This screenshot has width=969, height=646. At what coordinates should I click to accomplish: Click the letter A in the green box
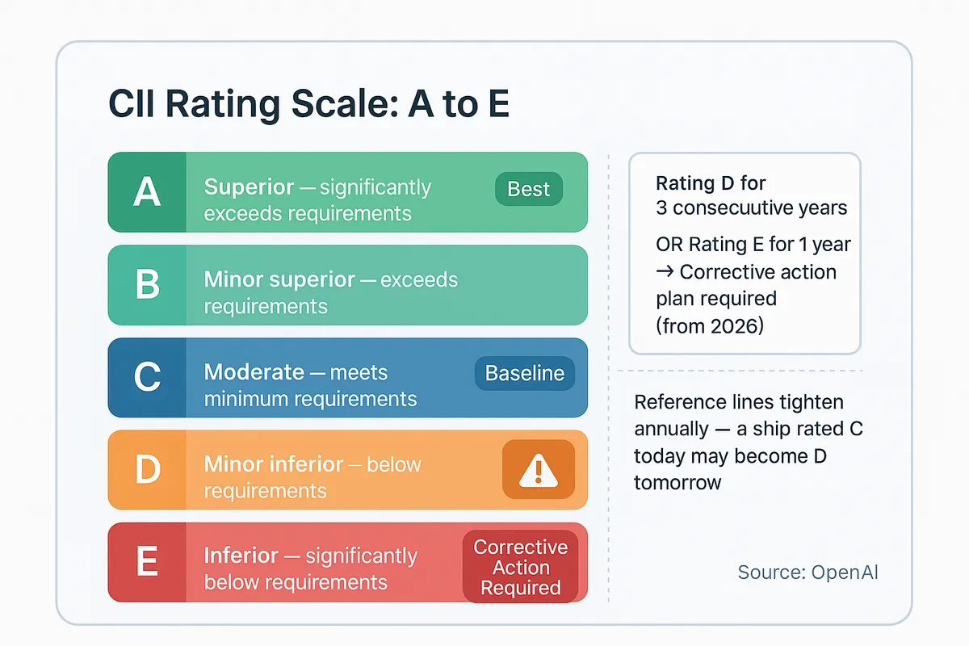tap(146, 192)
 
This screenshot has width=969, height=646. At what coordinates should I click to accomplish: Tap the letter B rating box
tap(146, 285)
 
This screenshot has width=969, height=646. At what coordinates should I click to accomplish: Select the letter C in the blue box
tap(146, 377)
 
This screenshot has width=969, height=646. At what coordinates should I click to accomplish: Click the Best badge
tap(528, 190)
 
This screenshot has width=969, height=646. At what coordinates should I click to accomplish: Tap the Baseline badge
tap(524, 374)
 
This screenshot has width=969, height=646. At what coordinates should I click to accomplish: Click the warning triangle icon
tap(538, 469)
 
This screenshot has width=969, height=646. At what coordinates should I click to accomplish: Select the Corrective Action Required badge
tap(520, 567)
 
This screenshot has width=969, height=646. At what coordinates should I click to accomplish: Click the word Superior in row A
tap(249, 187)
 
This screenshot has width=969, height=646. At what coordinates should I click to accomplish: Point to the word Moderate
tap(254, 372)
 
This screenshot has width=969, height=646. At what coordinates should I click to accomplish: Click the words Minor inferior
tap(274, 464)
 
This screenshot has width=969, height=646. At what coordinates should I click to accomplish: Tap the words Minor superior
tap(279, 280)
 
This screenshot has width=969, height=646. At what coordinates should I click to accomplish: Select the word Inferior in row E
tap(241, 556)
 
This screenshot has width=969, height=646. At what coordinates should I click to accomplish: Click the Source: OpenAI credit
tap(807, 573)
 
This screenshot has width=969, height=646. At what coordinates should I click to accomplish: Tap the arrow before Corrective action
tap(665, 271)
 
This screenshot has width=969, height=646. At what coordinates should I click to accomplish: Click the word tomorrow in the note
tap(677, 483)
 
